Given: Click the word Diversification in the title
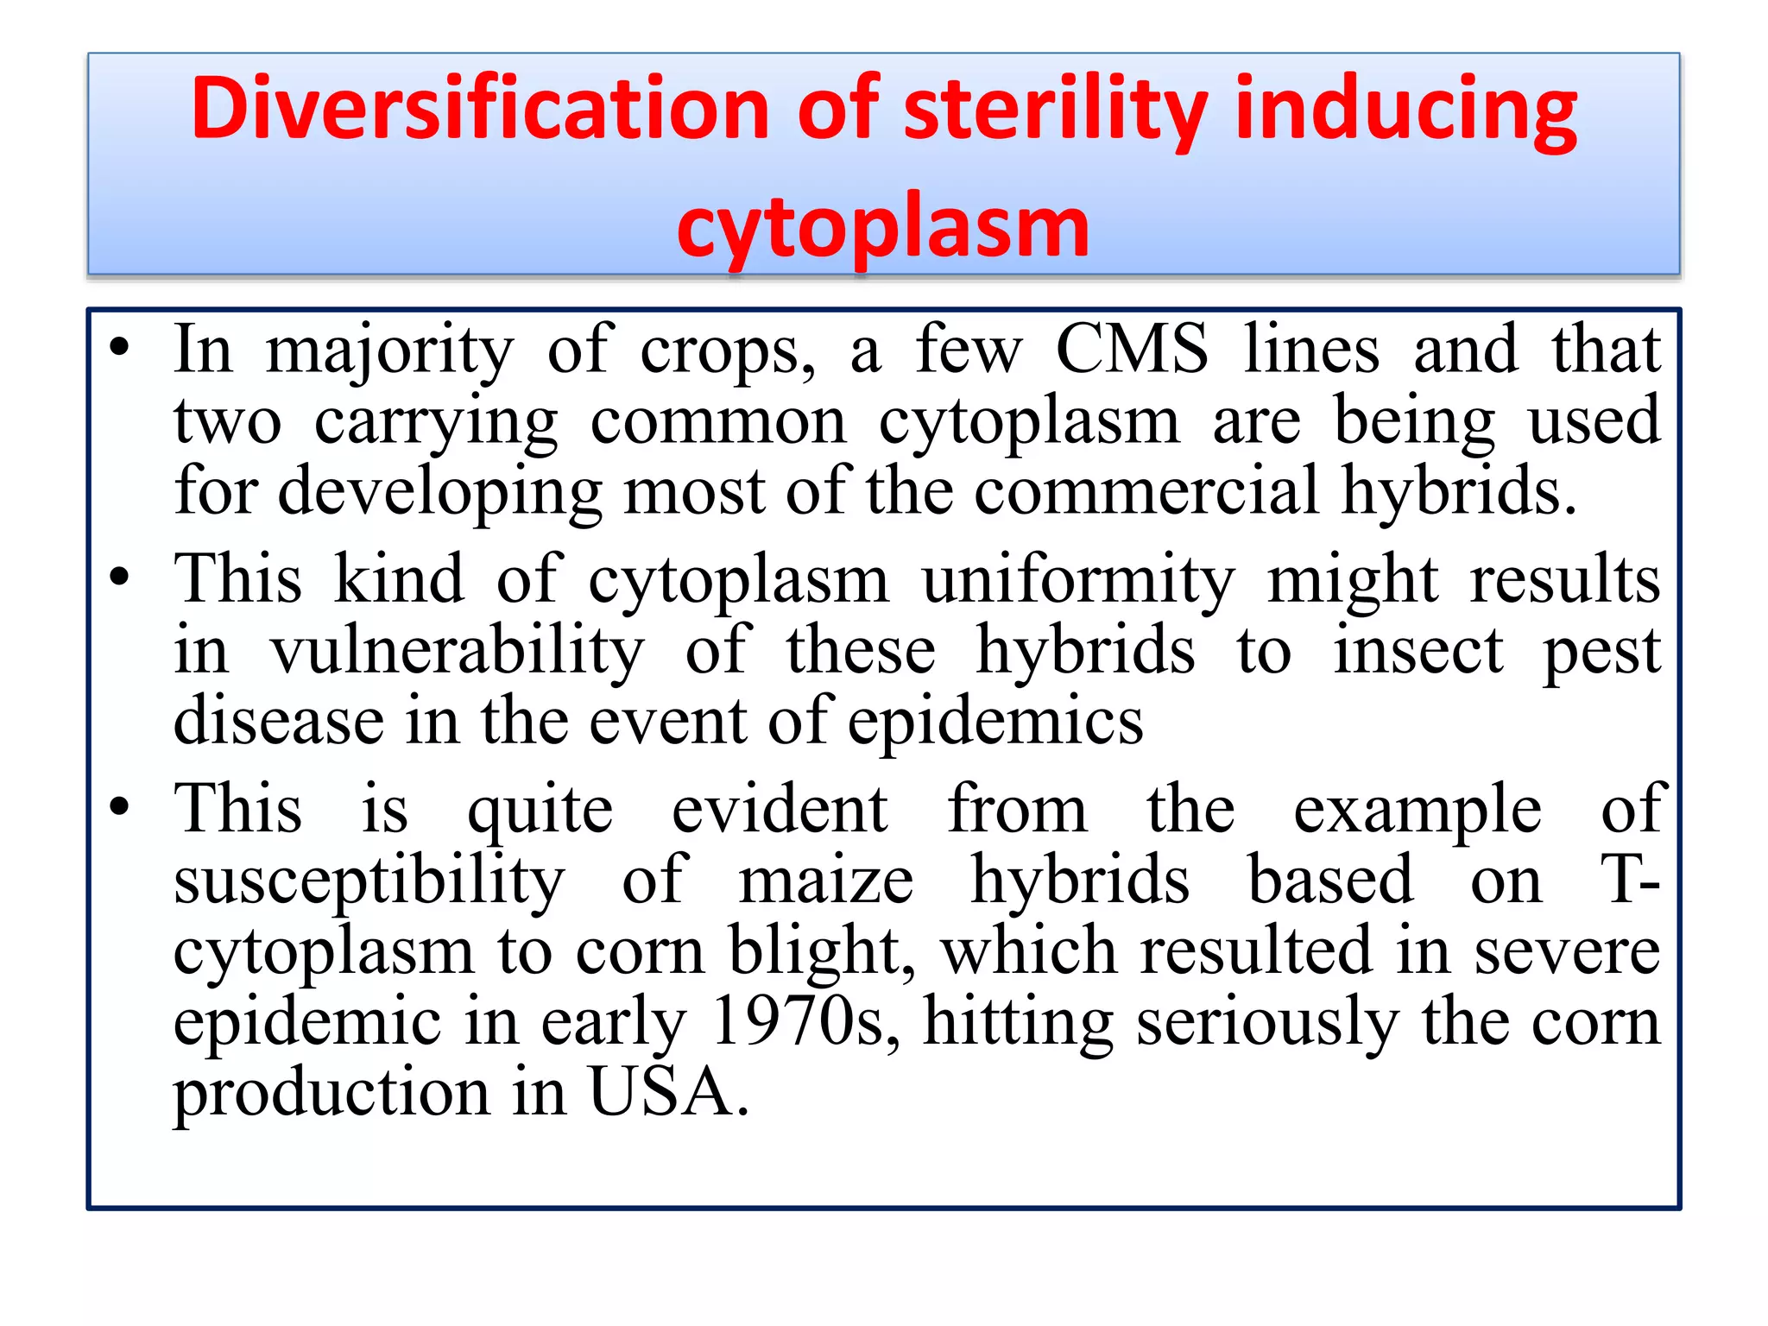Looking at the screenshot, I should (x=480, y=110).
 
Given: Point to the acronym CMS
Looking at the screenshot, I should (x=1132, y=350).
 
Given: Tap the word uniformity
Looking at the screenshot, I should (x=1078, y=580).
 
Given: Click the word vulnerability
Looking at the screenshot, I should (x=457, y=652).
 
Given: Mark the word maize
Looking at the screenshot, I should (x=826, y=881).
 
